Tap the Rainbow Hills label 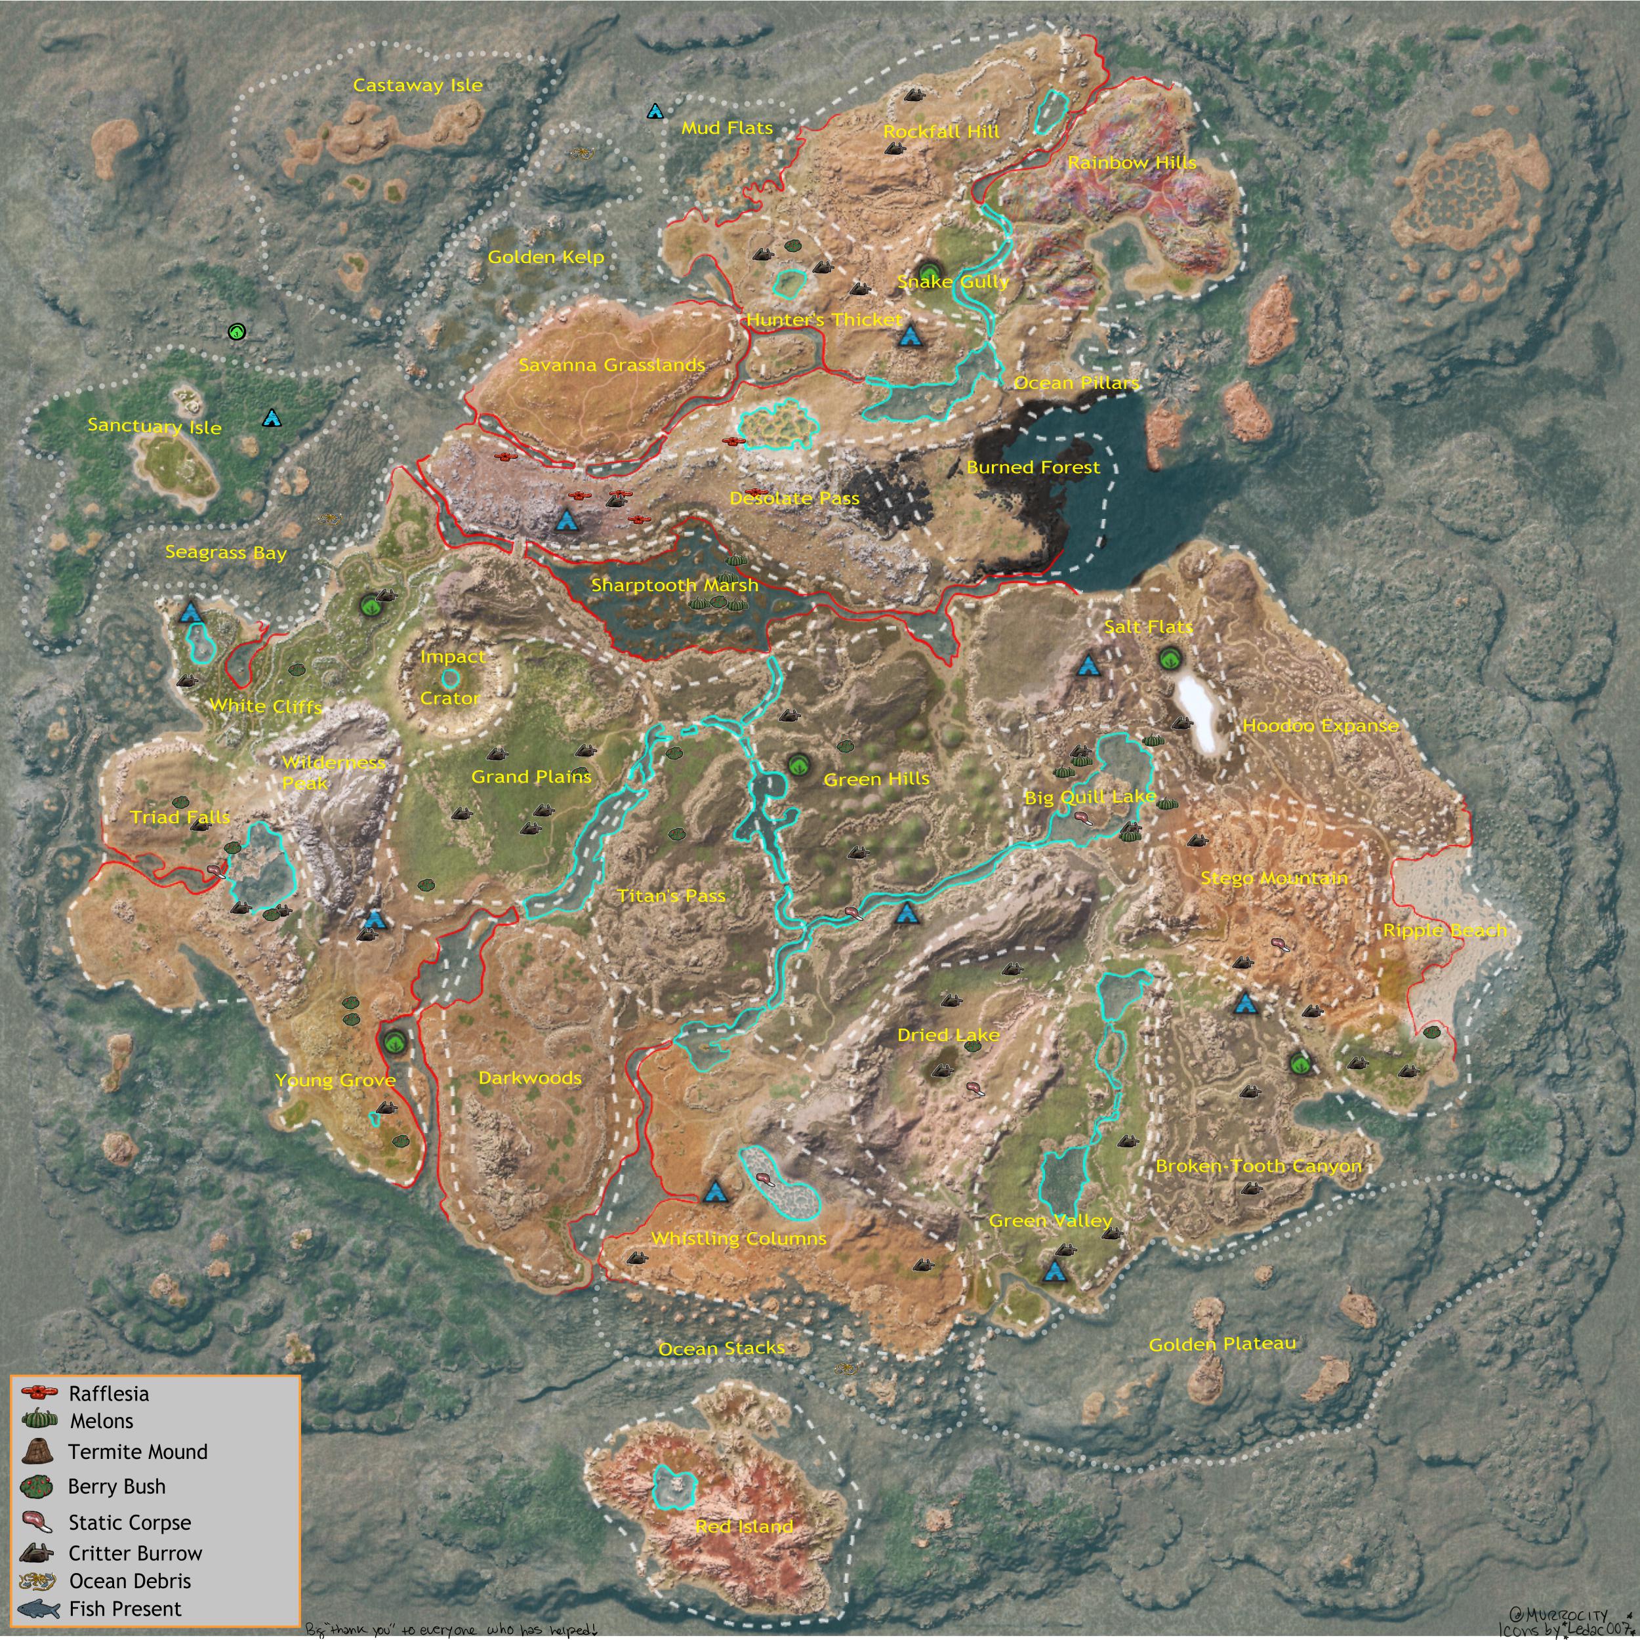pyautogui.click(x=1132, y=162)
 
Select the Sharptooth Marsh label pyautogui.click(x=674, y=585)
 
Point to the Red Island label pyautogui.click(x=744, y=1527)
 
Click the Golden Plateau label pyautogui.click(x=1221, y=1343)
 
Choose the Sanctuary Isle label pyautogui.click(x=155, y=426)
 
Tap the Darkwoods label pyautogui.click(x=529, y=1078)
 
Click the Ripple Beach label pyautogui.click(x=1445, y=930)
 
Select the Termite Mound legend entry pyautogui.click(x=138, y=1452)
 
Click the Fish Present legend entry pyautogui.click(x=125, y=1609)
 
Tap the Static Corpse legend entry pyautogui.click(x=129, y=1522)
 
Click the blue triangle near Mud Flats pyautogui.click(x=655, y=112)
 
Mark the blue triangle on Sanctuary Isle pyautogui.click(x=272, y=418)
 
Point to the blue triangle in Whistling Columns pyautogui.click(x=716, y=1192)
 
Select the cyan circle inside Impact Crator pyautogui.click(x=451, y=678)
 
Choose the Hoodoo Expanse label pyautogui.click(x=1320, y=726)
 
